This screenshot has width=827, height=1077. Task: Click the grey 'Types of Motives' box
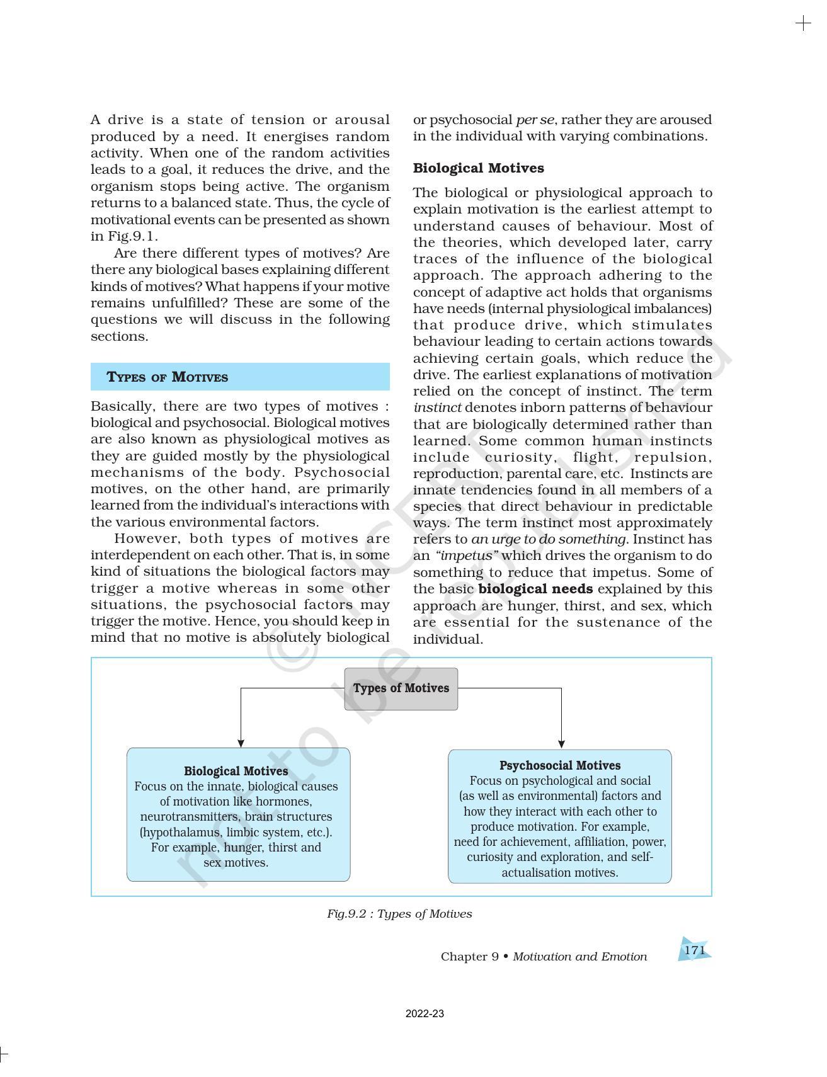click(401, 688)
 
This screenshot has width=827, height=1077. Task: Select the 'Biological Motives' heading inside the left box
click(236, 771)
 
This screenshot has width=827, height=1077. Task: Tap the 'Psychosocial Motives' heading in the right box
click(559, 765)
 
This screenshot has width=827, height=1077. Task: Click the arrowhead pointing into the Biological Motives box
click(241, 743)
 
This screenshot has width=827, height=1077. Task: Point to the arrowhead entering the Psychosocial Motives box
click(561, 744)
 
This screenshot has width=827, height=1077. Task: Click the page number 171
click(694, 950)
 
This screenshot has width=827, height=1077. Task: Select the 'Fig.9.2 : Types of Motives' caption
click(399, 914)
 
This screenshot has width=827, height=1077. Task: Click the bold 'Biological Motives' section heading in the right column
click(478, 168)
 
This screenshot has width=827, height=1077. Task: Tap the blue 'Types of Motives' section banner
click(240, 377)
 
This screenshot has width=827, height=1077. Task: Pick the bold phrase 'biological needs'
click(535, 589)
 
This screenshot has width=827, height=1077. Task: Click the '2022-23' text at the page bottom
click(425, 1014)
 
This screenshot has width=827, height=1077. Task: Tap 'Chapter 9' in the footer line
click(469, 957)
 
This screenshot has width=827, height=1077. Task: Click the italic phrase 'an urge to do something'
click(549, 539)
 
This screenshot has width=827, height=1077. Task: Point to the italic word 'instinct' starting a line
click(437, 407)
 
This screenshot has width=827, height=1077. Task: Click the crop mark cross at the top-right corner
click(803, 24)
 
